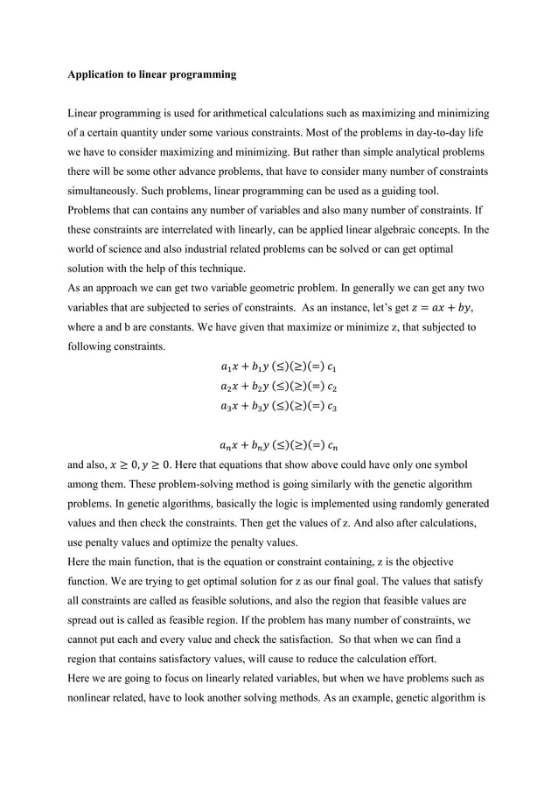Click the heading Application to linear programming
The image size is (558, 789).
click(152, 75)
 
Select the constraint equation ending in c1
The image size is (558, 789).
click(278, 364)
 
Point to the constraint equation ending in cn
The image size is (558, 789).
click(278, 446)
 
